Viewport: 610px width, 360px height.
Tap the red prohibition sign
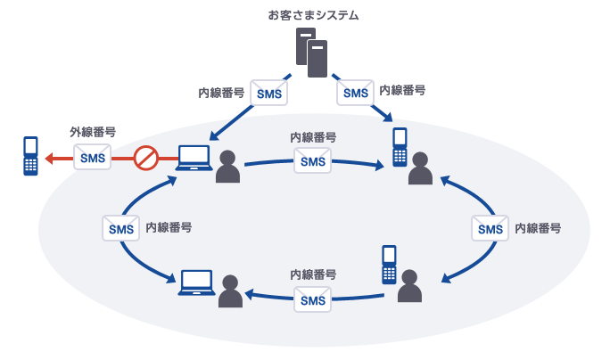click(145, 159)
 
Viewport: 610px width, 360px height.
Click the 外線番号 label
click(93, 133)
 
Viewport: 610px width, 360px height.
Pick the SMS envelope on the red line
click(93, 159)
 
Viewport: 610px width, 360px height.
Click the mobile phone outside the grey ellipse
click(31, 155)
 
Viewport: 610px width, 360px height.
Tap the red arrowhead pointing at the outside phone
click(52, 159)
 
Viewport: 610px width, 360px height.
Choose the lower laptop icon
click(196, 282)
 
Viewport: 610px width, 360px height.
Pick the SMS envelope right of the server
click(355, 93)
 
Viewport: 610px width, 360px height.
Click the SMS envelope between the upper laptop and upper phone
click(313, 160)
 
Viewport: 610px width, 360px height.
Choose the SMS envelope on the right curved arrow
click(490, 228)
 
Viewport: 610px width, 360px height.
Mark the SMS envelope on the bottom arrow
click(313, 299)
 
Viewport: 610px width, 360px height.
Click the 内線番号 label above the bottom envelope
click(313, 275)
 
